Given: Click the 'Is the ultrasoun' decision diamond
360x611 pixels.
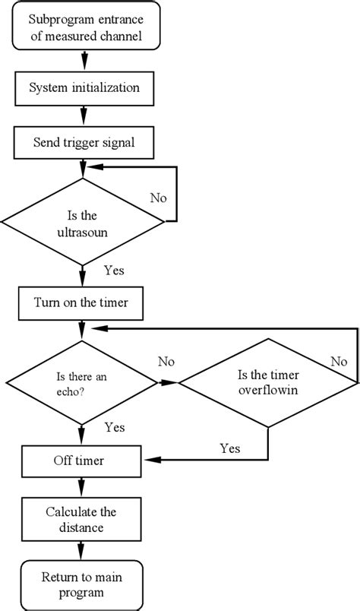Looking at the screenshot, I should tap(82, 221).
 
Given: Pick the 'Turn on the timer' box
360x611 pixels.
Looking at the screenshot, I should tap(82, 302).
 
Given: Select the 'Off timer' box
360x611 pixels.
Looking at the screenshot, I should tap(82, 460).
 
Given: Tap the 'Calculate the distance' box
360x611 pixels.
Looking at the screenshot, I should tap(82, 519).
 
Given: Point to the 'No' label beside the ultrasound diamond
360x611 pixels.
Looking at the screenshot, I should tap(158, 198).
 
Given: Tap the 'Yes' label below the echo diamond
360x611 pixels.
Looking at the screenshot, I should tap(114, 426).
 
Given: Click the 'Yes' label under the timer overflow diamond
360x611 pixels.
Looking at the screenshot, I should tap(230, 448).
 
